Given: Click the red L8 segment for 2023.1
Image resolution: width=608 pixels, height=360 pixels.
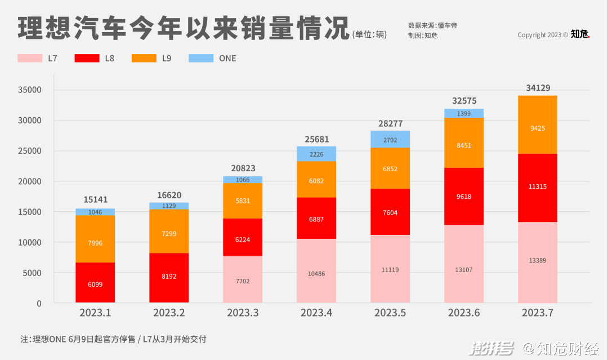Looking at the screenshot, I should (95, 283).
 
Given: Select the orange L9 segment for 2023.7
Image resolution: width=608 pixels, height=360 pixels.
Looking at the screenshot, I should (538, 125).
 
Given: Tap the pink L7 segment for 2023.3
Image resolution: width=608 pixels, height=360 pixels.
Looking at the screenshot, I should (243, 279).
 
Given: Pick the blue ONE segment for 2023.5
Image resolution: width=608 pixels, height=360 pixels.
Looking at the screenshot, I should (390, 139).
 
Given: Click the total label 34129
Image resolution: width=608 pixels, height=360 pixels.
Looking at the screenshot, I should (538, 88).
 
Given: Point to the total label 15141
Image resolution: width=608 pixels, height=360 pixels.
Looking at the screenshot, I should (96, 199).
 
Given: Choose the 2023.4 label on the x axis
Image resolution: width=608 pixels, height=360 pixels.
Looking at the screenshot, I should (316, 313).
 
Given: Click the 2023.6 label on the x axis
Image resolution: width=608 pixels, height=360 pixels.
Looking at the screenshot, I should (464, 313).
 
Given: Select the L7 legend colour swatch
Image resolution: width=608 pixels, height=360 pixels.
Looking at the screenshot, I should (30, 58).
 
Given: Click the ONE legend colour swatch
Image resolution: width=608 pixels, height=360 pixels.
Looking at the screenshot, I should (201, 58).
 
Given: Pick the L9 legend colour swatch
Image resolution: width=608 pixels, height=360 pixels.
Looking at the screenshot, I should (144, 58).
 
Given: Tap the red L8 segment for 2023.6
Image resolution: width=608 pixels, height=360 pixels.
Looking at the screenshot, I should (464, 196).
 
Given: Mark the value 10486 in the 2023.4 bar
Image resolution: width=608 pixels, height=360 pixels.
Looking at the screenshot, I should (316, 274).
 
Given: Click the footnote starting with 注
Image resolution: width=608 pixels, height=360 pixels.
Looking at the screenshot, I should (113, 339).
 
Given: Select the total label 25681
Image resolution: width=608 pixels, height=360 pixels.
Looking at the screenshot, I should (316, 139).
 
